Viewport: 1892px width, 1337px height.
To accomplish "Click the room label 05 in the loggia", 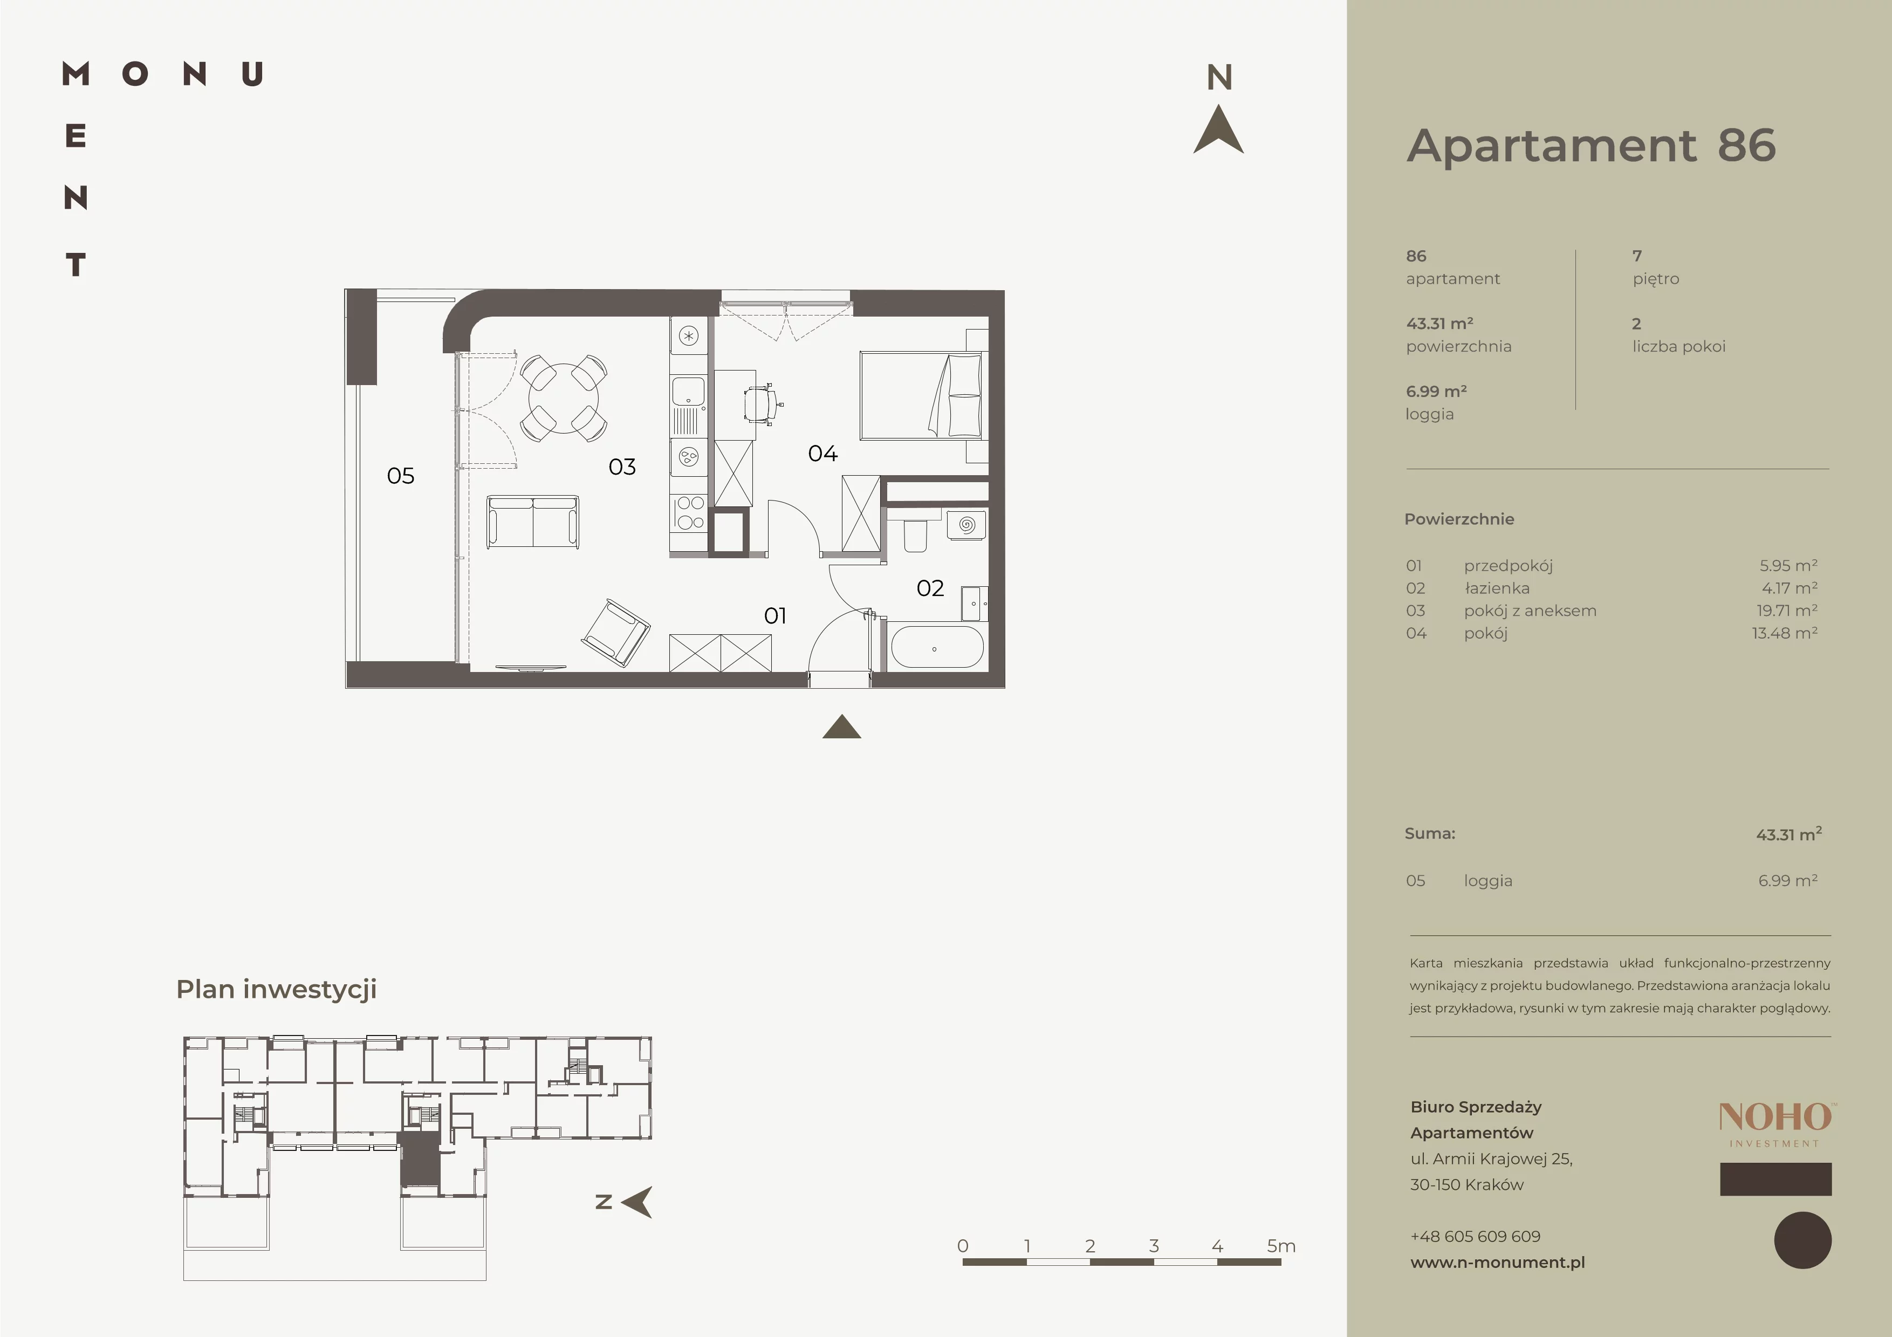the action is (x=401, y=475).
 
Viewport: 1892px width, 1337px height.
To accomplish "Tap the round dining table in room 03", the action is (x=564, y=399).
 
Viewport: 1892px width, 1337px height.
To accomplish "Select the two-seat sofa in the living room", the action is (x=532, y=522).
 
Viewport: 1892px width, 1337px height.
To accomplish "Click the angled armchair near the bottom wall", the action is (x=615, y=632).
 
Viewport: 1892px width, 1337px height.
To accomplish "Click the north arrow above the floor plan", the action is (x=1219, y=130).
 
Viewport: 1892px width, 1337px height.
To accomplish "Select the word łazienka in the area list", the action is (x=1497, y=588).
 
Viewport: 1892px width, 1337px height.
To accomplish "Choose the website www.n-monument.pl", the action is (x=1497, y=1262).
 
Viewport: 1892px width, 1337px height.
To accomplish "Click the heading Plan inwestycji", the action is (x=276, y=989).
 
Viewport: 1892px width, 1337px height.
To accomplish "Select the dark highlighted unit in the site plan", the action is (x=420, y=1159).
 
